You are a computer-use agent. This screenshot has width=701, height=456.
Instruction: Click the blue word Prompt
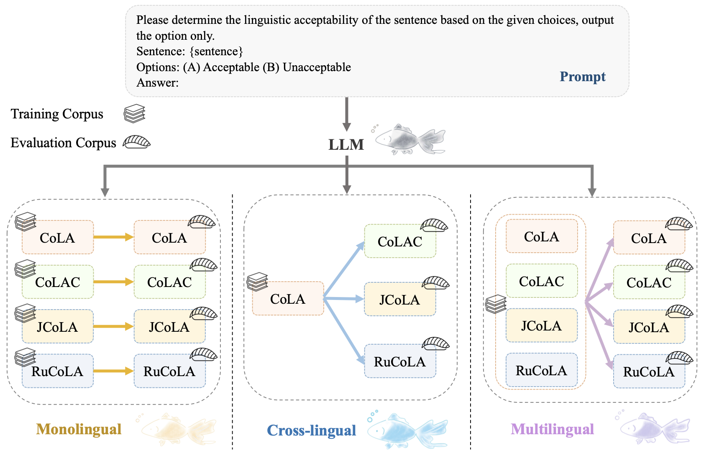pyautogui.click(x=582, y=77)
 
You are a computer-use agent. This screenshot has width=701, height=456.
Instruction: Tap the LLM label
pyautogui.click(x=346, y=145)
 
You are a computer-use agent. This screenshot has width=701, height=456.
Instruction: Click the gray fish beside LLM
pyautogui.click(x=410, y=139)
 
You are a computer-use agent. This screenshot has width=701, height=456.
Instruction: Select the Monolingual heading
pyautogui.click(x=79, y=429)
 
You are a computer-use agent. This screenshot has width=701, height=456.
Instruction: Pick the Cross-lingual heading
pyautogui.click(x=311, y=430)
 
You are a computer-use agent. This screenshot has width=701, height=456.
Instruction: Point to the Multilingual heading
pyautogui.click(x=552, y=429)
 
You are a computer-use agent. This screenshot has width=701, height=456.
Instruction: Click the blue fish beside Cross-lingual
pyautogui.click(x=408, y=431)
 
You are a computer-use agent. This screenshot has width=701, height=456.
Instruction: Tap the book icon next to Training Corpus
pyautogui.click(x=134, y=114)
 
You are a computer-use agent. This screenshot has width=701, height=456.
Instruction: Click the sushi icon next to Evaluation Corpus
pyautogui.click(x=136, y=142)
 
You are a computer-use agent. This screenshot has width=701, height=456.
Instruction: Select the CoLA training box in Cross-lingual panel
pyautogui.click(x=288, y=299)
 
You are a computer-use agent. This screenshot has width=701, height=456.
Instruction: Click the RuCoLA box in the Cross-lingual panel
pyautogui.click(x=400, y=361)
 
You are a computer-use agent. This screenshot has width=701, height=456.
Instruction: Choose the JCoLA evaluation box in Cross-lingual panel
pyautogui.click(x=400, y=300)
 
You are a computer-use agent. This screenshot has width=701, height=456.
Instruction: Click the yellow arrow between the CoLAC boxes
pyautogui.click(x=113, y=282)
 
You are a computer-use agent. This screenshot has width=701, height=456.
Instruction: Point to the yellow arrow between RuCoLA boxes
pyautogui.click(x=113, y=371)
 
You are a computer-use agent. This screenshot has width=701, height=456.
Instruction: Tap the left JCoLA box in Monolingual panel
pyautogui.click(x=57, y=327)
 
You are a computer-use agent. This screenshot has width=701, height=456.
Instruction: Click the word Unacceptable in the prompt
pyautogui.click(x=317, y=67)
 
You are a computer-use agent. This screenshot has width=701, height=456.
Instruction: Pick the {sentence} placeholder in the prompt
pyautogui.click(x=216, y=51)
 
